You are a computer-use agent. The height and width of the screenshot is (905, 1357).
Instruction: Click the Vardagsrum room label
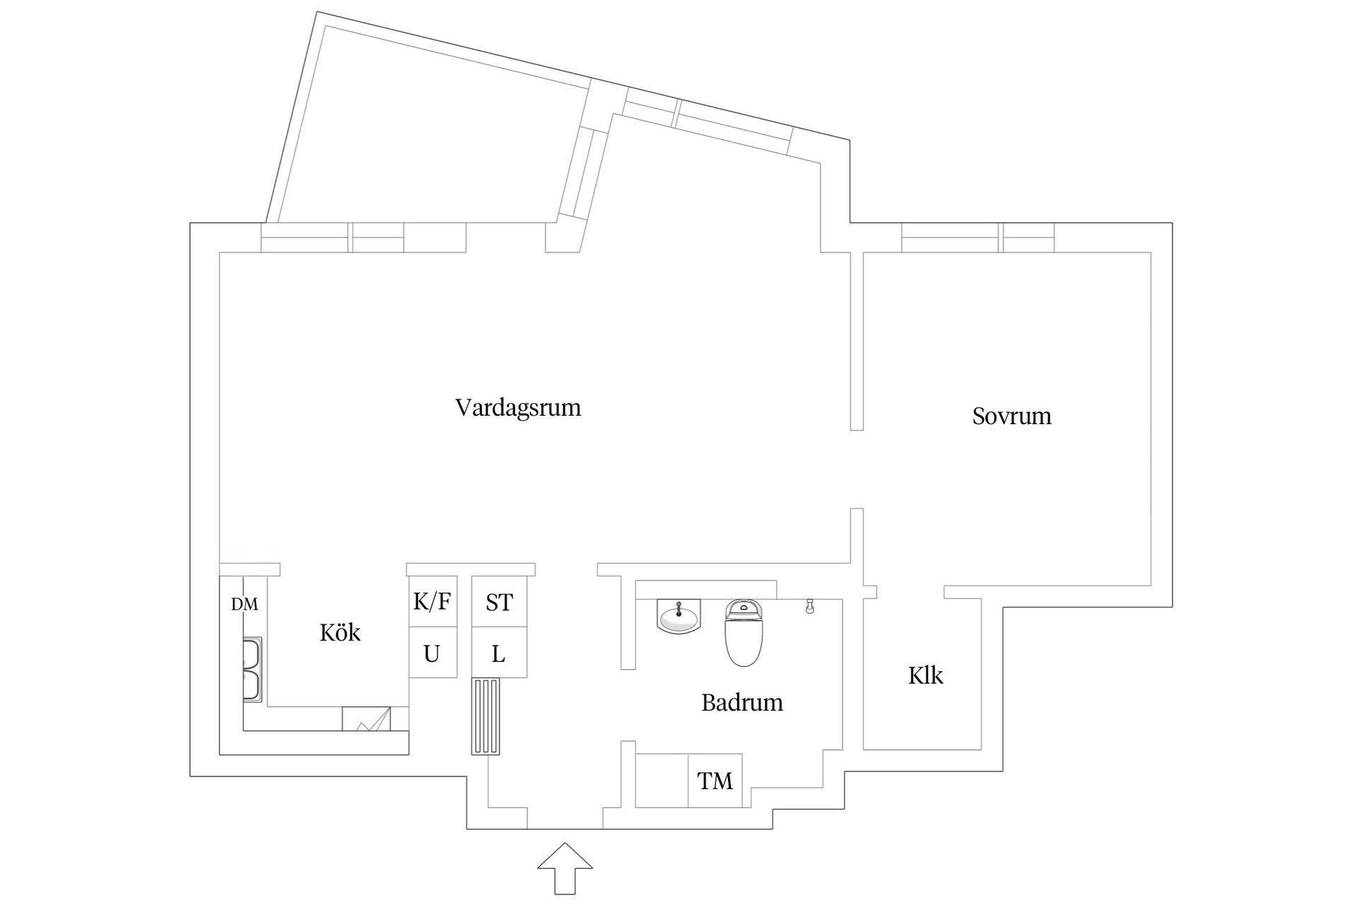pos(518,408)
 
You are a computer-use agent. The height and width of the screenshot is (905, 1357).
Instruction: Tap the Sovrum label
pos(1011,416)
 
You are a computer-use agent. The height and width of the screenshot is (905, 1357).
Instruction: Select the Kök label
pos(340,632)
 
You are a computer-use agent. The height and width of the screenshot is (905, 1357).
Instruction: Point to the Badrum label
pos(741,703)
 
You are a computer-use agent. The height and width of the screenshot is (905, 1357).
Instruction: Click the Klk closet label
pos(925,676)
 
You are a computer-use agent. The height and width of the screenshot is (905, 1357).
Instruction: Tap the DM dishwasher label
pos(245,605)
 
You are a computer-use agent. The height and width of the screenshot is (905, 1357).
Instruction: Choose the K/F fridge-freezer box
pos(432,602)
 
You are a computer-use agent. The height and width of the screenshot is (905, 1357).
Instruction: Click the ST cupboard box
pos(499,602)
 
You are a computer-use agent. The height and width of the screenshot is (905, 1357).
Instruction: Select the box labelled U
pos(432,653)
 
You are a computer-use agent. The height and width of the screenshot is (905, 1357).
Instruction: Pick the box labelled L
pos(499,653)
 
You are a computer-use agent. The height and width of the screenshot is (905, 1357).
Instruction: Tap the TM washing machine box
pos(715,781)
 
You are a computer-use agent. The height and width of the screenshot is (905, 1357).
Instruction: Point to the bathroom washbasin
pos(678,617)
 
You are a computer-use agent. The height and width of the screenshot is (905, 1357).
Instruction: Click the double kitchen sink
pos(252,668)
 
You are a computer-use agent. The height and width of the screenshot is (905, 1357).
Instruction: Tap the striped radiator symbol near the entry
pos(486,716)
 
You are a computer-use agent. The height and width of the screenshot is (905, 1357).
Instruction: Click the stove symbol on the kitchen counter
pos(366,718)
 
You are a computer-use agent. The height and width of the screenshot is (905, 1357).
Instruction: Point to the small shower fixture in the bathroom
pos(810,606)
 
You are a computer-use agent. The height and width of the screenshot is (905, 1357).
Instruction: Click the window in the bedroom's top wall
pos(977,238)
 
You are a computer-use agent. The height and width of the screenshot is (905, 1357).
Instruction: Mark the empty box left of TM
pos(662,781)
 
